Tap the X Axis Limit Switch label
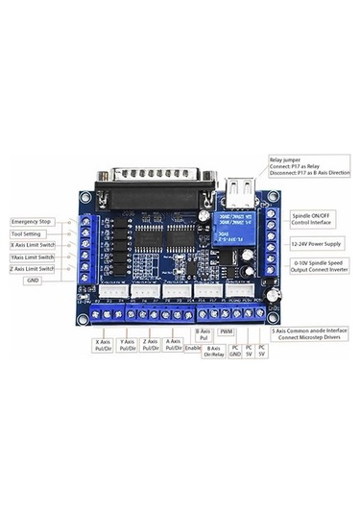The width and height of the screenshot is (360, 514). coord(33,245)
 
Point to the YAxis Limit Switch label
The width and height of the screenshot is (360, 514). coord(33,257)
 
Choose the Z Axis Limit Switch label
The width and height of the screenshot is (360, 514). coord(33,269)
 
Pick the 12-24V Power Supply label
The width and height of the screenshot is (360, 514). coord(317,244)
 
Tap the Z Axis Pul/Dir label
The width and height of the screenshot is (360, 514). coord(151,345)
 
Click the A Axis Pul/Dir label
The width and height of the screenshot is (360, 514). coord(174,345)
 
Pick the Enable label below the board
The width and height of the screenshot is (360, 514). coord(194,349)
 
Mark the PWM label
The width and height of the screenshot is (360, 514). coord(228,331)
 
